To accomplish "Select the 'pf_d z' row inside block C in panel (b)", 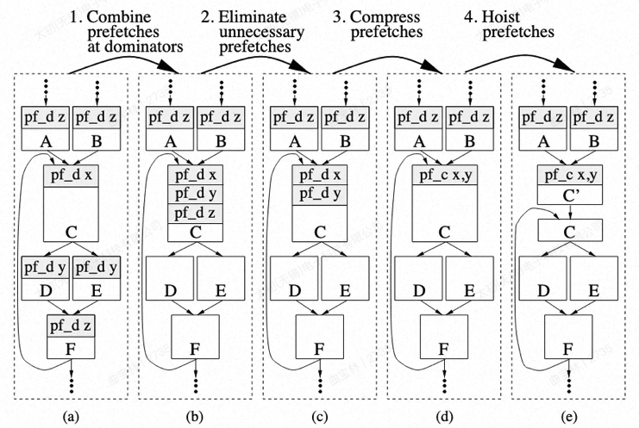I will click(x=197, y=213).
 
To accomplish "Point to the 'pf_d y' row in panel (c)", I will click(x=321, y=194).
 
